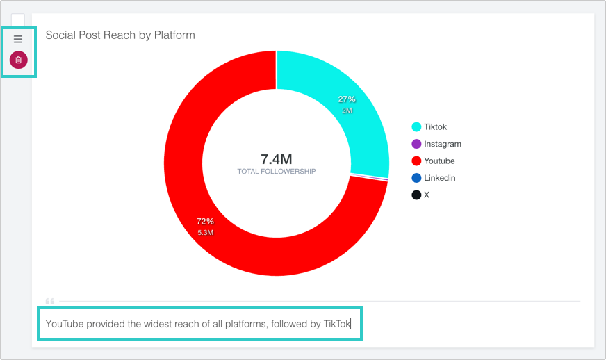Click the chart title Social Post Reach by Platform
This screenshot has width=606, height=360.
click(120, 35)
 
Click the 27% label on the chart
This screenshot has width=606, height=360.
click(346, 99)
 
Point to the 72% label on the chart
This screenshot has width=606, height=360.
click(204, 222)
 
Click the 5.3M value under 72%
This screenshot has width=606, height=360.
click(205, 233)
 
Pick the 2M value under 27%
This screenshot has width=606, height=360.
click(347, 111)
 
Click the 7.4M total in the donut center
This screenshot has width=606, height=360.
click(277, 158)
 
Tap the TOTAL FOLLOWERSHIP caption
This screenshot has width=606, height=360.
click(277, 171)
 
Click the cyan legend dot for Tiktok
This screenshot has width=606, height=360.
click(416, 127)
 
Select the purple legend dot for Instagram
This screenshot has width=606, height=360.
click(416, 144)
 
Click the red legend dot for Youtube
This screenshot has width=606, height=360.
click(416, 161)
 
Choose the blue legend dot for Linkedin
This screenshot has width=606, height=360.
click(416, 178)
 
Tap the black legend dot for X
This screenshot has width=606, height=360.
click(416, 195)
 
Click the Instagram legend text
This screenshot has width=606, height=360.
click(443, 144)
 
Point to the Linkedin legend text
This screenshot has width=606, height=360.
click(440, 178)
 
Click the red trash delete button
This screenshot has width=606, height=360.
click(19, 60)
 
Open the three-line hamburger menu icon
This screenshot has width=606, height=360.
click(19, 40)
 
